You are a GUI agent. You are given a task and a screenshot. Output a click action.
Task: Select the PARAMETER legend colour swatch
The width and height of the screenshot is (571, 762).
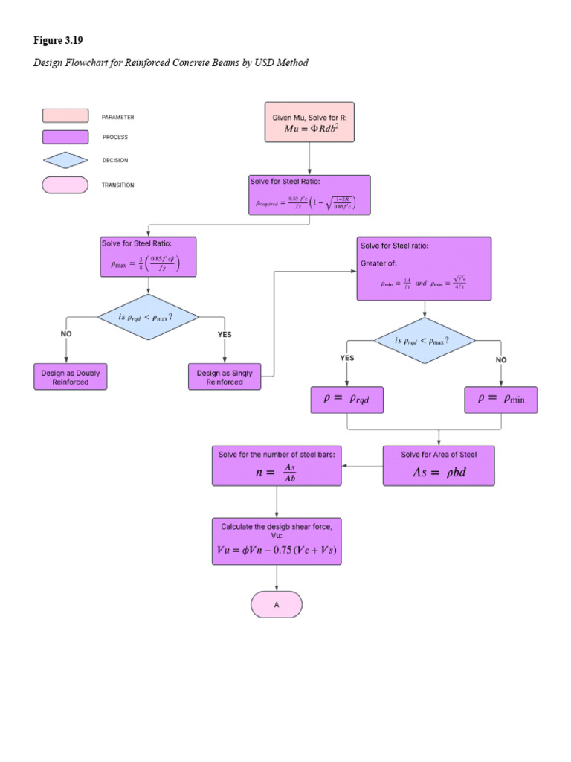click(x=66, y=116)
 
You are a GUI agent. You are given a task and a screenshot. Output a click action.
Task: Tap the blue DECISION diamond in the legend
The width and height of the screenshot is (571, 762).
click(x=66, y=160)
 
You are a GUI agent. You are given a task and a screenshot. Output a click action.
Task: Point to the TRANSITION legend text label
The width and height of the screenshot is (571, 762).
click(x=118, y=185)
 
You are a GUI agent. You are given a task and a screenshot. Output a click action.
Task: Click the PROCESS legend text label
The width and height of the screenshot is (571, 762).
click(x=115, y=137)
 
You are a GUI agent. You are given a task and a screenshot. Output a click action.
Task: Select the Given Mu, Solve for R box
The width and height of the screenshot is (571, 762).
click(x=309, y=122)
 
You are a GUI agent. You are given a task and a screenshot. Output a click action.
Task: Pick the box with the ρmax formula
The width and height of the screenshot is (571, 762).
click(x=149, y=257)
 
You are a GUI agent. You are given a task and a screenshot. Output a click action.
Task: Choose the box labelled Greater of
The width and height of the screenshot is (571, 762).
click(x=424, y=269)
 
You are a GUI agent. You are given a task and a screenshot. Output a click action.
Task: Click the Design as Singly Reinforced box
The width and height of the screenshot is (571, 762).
click(x=225, y=377)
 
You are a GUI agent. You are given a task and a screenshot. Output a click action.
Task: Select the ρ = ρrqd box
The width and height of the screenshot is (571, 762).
click(x=347, y=399)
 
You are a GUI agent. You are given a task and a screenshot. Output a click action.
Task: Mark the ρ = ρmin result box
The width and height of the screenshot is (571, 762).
click(x=501, y=399)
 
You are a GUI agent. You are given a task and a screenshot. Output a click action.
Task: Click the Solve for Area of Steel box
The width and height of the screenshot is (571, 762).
click(x=439, y=466)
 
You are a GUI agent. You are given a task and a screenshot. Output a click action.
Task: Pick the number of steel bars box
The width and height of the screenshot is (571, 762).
click(x=277, y=466)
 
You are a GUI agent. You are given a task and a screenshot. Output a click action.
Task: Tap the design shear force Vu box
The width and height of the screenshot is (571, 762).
click(x=277, y=542)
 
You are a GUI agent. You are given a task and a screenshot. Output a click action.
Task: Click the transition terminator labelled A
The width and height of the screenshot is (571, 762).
click(x=277, y=604)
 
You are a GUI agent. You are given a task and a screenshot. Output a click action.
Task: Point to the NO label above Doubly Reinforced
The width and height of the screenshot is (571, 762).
click(x=66, y=334)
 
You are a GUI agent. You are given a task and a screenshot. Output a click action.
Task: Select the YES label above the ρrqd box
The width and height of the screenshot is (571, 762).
click(x=347, y=358)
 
